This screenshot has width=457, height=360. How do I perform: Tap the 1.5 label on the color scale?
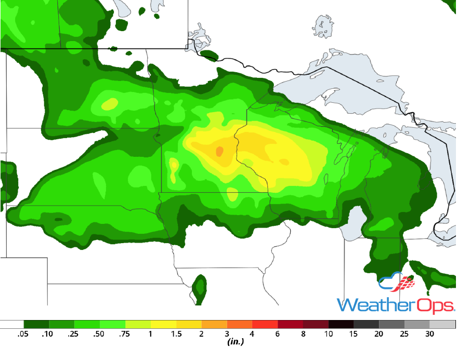click(x=176, y=334)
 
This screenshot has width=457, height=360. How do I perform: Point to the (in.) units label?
click(x=236, y=342)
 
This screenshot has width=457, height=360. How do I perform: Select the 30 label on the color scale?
click(x=429, y=334)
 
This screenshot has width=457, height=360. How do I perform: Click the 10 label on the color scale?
click(x=329, y=334)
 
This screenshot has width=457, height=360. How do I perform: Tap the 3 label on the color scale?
click(x=227, y=334)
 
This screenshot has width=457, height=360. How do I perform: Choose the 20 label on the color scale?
click(x=379, y=334)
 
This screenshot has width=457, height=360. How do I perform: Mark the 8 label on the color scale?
click(x=303, y=334)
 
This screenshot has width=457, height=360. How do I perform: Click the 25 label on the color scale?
click(x=404, y=334)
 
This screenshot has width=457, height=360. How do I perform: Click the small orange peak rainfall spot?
click(x=219, y=151)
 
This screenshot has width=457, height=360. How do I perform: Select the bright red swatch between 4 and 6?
click(x=265, y=324)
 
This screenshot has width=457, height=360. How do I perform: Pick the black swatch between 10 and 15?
click(x=341, y=324)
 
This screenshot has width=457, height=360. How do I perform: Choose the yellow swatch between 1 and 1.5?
click(x=164, y=324)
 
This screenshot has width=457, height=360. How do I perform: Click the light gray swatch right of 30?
click(x=442, y=324)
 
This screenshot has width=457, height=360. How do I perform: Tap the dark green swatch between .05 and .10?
click(x=37, y=324)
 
